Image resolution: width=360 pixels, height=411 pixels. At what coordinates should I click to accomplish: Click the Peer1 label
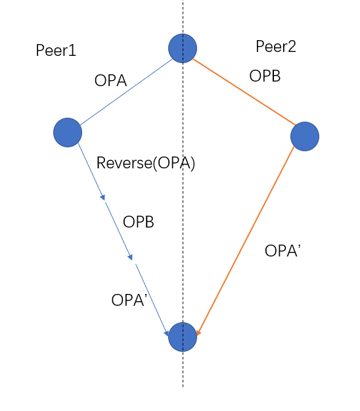[56, 51]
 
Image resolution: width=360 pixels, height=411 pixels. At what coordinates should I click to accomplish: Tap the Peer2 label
[276, 47]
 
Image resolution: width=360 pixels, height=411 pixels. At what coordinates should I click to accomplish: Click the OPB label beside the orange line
[265, 76]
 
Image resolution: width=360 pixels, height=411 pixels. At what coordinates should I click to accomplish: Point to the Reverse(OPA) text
[146, 163]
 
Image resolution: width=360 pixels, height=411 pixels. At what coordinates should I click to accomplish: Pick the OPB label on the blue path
[138, 222]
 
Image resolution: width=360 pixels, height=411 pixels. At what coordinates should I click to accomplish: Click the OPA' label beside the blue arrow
[127, 300]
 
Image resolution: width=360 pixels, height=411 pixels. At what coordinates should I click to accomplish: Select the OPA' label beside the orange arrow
[282, 251]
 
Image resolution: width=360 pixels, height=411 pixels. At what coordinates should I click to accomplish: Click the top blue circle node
[183, 48]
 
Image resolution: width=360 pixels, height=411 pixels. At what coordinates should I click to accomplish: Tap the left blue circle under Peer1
[68, 132]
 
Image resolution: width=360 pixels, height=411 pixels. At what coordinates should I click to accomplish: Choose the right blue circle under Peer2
[305, 136]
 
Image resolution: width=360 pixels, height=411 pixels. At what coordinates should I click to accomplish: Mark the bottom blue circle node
[183, 337]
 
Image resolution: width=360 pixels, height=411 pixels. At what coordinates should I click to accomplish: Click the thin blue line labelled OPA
[125, 91]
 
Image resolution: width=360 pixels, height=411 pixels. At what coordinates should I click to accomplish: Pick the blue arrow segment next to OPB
[118, 230]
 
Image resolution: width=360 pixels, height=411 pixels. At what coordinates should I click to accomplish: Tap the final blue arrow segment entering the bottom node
[152, 299]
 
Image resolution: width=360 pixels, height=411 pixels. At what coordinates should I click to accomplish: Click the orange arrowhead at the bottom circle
[198, 333]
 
